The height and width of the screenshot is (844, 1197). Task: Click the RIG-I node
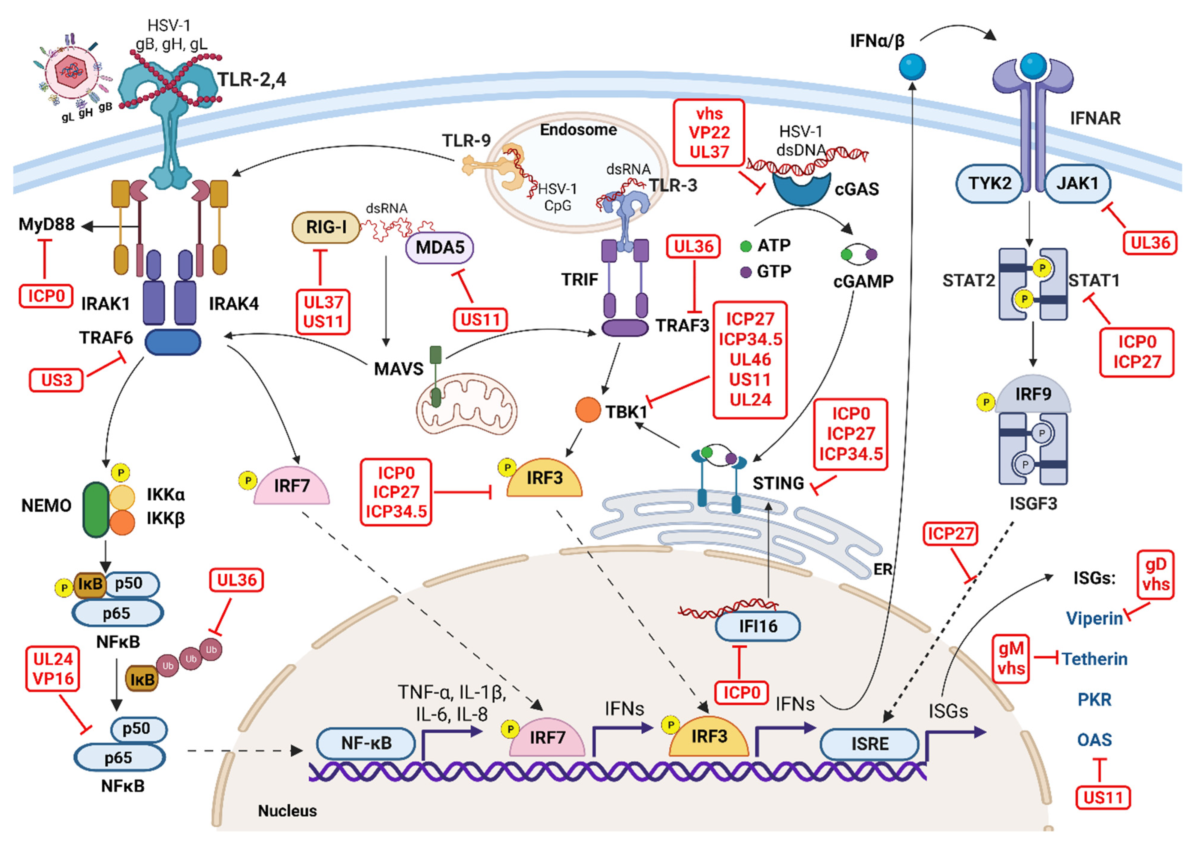point(326,227)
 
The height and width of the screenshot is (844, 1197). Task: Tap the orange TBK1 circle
point(588,410)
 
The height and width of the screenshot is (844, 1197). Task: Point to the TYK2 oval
point(989,183)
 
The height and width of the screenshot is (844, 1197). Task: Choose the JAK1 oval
point(1077,183)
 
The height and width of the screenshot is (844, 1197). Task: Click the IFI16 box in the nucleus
point(757,626)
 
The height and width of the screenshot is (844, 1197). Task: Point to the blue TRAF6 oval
point(173,342)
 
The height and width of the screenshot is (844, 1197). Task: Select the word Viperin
point(1094,618)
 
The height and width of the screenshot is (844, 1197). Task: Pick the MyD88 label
point(46,225)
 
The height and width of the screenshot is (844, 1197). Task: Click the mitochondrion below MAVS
point(467,404)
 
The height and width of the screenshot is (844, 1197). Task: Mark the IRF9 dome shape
point(1033,395)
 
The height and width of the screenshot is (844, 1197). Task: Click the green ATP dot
point(746,246)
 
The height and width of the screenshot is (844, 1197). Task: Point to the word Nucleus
point(287,811)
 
